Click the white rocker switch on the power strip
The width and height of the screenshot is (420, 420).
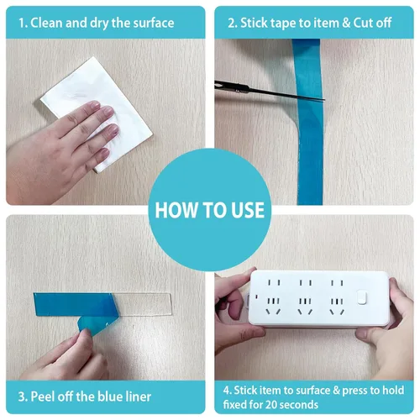362,297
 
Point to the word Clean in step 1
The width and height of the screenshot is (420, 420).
47,23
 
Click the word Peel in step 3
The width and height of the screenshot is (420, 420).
43,396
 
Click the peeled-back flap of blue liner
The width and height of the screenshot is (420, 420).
97,325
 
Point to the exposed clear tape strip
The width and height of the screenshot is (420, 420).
144,305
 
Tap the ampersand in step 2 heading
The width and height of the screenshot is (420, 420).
346,23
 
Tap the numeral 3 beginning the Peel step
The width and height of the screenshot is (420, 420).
22,397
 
